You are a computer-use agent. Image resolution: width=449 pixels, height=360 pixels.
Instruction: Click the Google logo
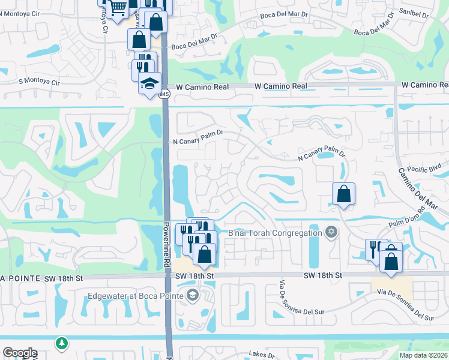[x=20, y=353]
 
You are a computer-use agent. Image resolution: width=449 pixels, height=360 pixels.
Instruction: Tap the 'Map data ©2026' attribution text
[x=423, y=355]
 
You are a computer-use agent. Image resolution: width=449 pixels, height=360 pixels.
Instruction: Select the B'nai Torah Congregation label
[x=275, y=233]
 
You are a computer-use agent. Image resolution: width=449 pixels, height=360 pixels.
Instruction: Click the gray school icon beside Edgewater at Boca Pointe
[x=192, y=294]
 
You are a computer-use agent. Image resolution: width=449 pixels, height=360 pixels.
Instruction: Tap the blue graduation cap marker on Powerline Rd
[x=149, y=84]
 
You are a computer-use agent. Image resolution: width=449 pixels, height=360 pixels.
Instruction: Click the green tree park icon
[x=61, y=344]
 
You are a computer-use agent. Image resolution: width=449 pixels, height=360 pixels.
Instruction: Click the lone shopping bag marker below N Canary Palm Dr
[x=343, y=194]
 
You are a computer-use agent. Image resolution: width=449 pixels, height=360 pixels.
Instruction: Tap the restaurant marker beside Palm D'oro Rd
[x=375, y=248]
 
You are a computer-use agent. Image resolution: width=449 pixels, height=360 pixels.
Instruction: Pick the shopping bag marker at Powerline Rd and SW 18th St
[x=204, y=254]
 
